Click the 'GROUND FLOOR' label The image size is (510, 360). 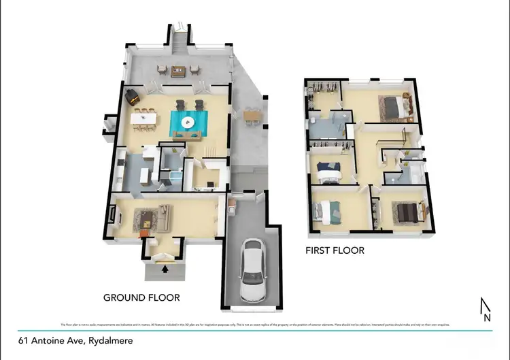tap(141, 297)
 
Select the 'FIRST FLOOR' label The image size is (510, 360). tap(335, 250)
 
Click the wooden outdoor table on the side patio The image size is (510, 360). tap(252, 116)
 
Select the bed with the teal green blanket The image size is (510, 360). tap(326, 212)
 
